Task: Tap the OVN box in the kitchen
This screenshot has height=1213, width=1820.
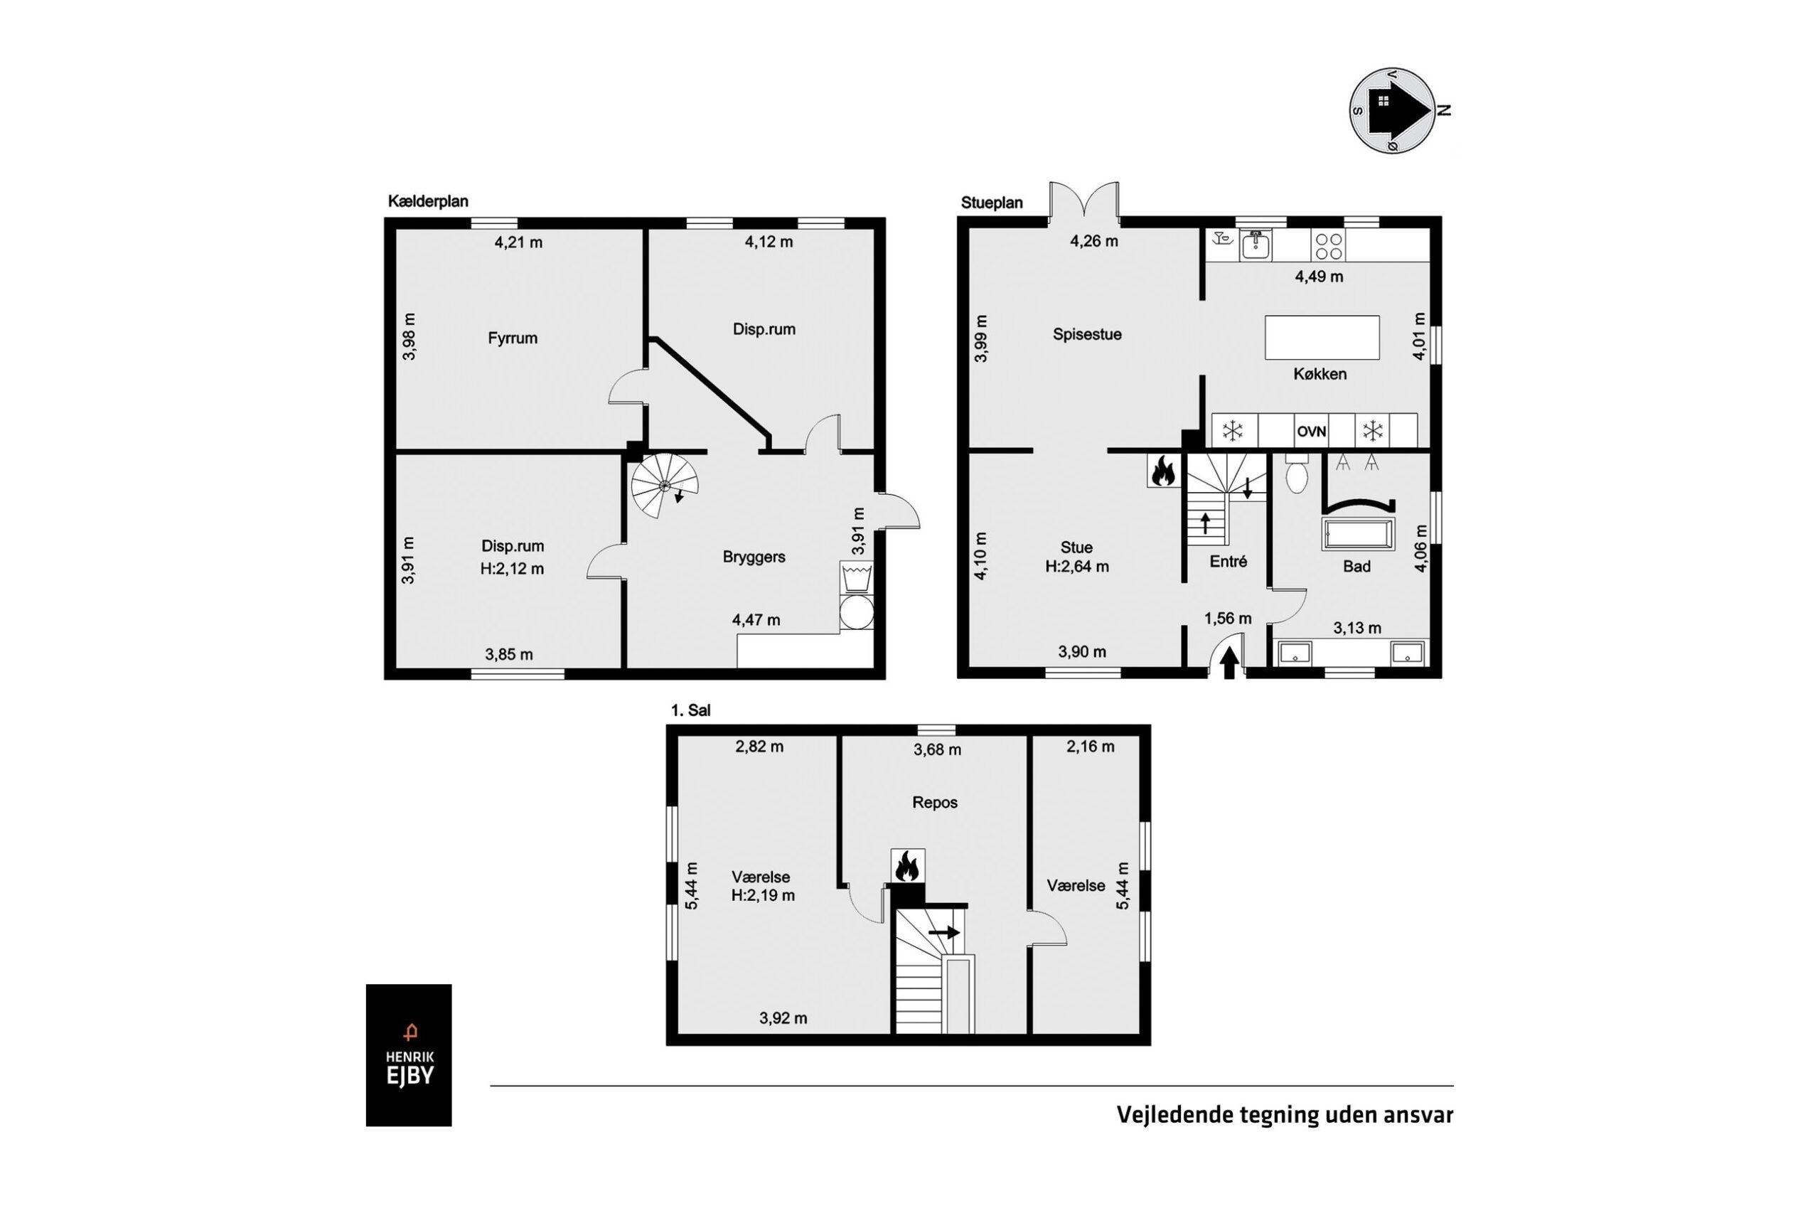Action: tap(1310, 431)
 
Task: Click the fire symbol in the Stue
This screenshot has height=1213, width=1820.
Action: tap(1162, 471)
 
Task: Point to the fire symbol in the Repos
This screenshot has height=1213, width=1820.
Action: tap(907, 865)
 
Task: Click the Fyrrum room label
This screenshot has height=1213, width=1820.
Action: tap(512, 338)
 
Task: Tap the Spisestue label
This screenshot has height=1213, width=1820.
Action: tap(1087, 334)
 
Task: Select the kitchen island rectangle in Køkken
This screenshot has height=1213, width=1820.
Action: tap(1322, 337)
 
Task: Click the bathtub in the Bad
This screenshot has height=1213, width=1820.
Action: tap(1359, 535)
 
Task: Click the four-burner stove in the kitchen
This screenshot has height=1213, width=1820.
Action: tap(1328, 246)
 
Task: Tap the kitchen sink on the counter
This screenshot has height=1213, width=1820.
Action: tap(1256, 245)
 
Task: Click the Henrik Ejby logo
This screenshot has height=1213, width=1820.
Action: tap(408, 1054)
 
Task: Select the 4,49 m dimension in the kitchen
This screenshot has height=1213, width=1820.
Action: tap(1319, 276)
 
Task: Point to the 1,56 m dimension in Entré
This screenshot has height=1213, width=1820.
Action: tap(1228, 618)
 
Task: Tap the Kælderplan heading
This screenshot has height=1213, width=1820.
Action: tap(428, 201)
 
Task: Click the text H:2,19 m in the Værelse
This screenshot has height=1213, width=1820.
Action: tap(763, 895)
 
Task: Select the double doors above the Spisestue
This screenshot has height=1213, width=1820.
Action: tap(1083, 200)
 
